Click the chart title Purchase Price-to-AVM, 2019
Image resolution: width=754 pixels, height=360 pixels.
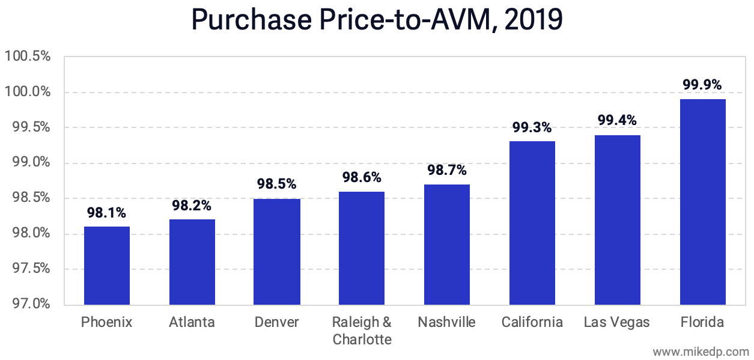[377, 20]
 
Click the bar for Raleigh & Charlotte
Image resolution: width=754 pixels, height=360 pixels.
[362, 248]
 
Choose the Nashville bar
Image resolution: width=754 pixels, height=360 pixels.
[447, 244]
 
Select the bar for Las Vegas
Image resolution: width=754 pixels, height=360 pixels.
[618, 219]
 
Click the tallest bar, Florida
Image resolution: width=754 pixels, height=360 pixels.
[703, 201]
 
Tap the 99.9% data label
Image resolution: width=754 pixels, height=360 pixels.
[702, 85]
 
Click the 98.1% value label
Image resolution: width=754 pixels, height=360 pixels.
[106, 213]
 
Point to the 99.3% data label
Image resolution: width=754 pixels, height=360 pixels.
[532, 127]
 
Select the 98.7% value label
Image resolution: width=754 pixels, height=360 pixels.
[447, 170]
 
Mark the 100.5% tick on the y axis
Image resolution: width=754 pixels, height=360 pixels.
[27, 56]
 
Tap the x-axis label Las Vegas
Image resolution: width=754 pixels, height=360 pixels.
[617, 323]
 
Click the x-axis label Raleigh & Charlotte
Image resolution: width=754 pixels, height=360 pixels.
[362, 331]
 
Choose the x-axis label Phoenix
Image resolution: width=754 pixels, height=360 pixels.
[107, 323]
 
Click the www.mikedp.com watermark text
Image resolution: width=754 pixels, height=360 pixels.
[701, 351]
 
